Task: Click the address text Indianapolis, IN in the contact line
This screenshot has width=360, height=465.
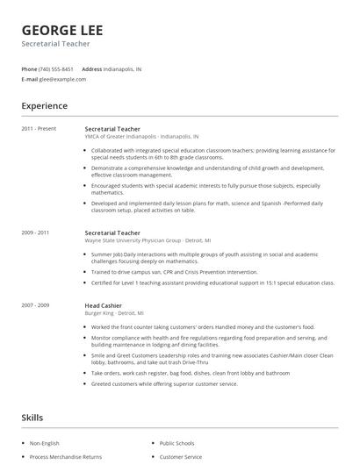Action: coord(123,68)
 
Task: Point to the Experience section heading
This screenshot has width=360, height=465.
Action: coord(44,106)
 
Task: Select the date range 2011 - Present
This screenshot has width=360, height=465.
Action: coord(39,128)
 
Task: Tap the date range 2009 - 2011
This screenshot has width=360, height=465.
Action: coord(36,232)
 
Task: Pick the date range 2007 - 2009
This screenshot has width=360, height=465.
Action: coord(36,304)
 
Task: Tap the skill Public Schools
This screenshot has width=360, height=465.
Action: coord(177,443)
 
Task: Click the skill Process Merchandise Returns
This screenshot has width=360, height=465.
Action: coord(66,457)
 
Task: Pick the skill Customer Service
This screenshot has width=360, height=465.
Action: coord(181,457)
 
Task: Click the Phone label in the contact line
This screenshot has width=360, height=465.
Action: coord(29,68)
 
